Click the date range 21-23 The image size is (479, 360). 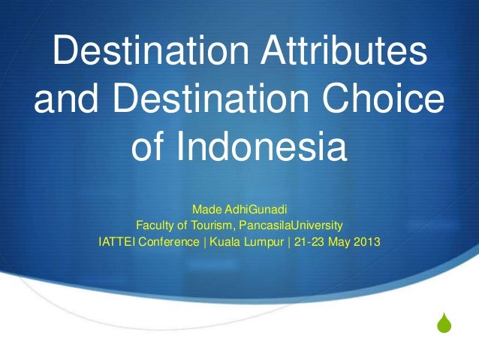(310, 243)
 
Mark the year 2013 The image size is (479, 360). (366, 243)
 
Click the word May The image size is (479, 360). (340, 243)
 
